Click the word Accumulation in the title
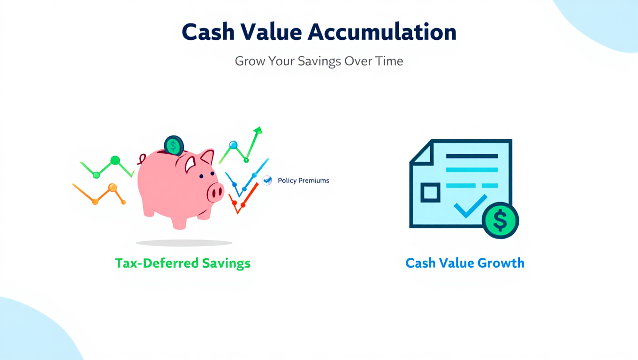point(382,32)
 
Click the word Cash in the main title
point(208,32)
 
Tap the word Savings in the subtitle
point(319,61)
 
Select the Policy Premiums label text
point(304,180)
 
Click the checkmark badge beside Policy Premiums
point(267,180)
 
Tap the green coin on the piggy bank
point(174,145)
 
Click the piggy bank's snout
point(215,192)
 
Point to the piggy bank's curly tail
point(142,159)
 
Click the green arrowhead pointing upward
point(258,130)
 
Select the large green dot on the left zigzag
point(115,160)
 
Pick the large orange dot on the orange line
point(113,188)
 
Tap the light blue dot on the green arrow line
point(233,145)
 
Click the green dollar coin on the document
point(501,221)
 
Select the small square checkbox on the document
point(430,193)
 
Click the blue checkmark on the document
point(470,206)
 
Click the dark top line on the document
point(472,156)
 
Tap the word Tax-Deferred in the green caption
point(157,263)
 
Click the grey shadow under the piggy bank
point(184,243)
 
